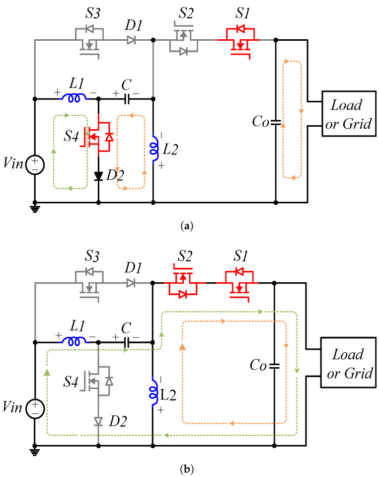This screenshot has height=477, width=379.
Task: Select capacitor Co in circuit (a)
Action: point(276,121)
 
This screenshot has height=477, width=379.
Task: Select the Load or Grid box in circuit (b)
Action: point(348,364)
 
